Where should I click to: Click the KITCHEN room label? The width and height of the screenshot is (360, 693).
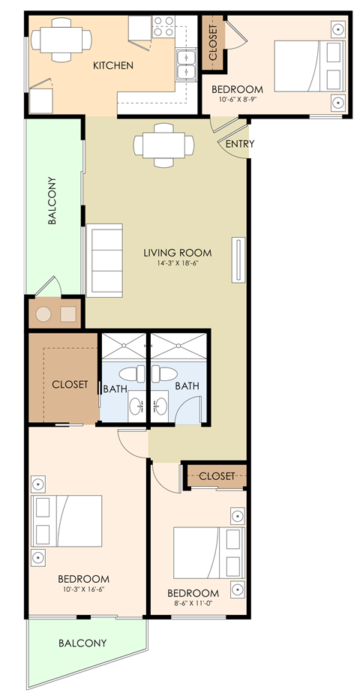pos(112,66)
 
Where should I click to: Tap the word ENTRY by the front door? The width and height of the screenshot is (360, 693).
pos(239,144)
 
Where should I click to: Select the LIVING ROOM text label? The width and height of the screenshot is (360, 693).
pos(177,253)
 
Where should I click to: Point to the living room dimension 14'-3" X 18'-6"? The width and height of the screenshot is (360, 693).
pos(177,263)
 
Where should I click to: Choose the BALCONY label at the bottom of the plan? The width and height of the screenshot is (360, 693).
pos(82,643)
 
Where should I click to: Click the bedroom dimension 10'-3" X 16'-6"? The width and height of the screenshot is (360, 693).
pos(84,589)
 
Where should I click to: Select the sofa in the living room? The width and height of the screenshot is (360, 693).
pos(104,259)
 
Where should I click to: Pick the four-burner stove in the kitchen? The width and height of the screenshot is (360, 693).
pos(163,27)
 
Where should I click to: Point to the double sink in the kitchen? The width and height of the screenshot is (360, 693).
pos(187,64)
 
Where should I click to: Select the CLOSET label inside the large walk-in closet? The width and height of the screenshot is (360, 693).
pos(70,385)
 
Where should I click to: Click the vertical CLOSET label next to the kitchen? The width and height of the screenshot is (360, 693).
pos(213,43)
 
